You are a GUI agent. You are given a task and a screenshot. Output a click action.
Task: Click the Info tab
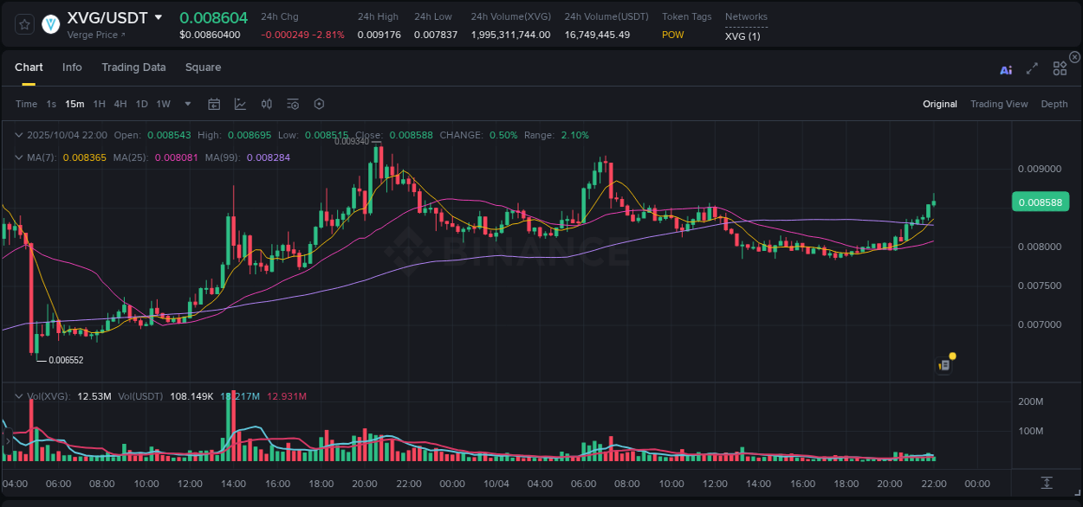[72, 67]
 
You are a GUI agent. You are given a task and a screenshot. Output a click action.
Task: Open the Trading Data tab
[133, 67]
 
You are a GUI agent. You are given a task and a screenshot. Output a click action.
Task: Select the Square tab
[203, 67]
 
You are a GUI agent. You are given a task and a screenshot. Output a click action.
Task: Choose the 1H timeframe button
[99, 104]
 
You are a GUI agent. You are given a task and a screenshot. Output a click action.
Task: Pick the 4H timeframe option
[120, 104]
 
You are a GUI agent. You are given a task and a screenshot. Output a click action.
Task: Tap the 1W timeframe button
[163, 104]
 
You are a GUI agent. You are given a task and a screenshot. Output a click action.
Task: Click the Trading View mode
[998, 104]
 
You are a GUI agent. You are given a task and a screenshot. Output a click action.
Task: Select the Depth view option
[1054, 104]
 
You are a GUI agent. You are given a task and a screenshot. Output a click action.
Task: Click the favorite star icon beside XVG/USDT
[25, 24]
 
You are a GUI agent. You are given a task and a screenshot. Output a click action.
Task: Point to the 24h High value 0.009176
[378, 35]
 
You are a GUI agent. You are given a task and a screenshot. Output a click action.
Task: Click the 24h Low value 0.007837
[432, 35]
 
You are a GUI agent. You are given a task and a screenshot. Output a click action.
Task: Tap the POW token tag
[672, 35]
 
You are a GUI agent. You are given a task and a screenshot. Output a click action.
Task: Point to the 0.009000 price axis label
[1039, 169]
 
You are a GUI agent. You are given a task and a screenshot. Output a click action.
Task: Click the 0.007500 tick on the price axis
[1039, 286]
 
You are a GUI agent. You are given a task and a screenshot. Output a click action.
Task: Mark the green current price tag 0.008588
[1040, 202]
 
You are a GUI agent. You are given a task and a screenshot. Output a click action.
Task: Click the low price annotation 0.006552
[66, 360]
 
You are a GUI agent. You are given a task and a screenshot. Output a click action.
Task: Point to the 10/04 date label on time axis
[496, 483]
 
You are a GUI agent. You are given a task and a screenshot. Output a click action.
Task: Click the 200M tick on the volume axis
[1029, 401]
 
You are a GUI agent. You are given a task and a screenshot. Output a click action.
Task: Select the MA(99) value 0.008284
[268, 157]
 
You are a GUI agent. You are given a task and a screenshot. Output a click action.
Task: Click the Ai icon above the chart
[1006, 70]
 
